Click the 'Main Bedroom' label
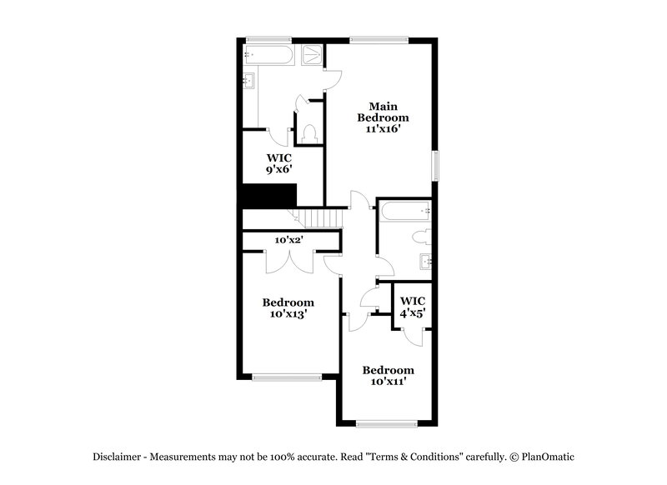pyautogui.click(x=384, y=112)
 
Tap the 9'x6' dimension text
pyautogui.click(x=279, y=169)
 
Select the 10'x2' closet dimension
pyautogui.click(x=288, y=240)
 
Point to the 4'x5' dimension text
pyautogui.click(x=413, y=313)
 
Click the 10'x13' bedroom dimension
pyautogui.click(x=288, y=314)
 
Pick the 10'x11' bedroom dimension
pyautogui.click(x=388, y=382)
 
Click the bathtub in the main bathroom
pyautogui.click(x=268, y=56)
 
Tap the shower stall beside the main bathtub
pyautogui.click(x=311, y=56)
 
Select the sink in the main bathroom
pyautogui.click(x=248, y=82)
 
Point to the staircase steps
pyautogui.click(x=322, y=218)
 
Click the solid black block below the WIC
pyautogui.click(x=268, y=196)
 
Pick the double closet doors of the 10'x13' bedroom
pyautogui.click(x=288, y=260)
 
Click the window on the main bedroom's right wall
pyautogui.click(x=434, y=163)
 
